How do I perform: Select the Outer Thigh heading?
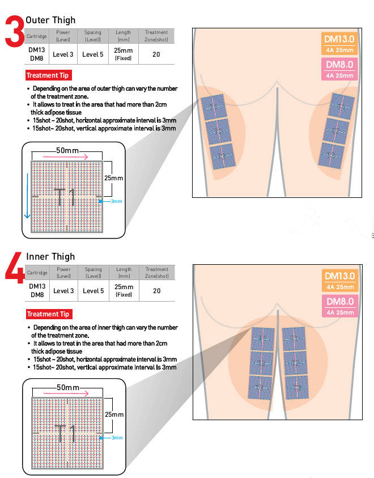50,20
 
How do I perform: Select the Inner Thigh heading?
50,257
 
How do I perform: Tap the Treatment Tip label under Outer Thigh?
49,75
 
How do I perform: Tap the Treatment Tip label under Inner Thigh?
49,314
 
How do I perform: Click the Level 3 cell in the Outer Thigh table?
63,54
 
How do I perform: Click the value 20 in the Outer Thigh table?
156,54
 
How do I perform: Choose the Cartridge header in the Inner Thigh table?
37,273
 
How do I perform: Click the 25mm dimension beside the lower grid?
113,414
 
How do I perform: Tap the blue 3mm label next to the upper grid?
116,201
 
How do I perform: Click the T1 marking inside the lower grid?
66,434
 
